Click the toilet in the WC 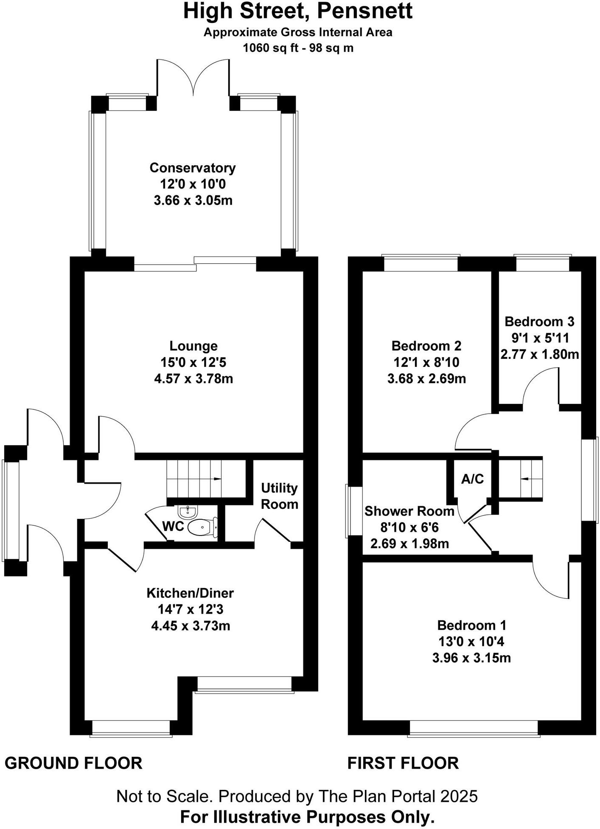coord(202,527)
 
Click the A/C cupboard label coord(472,479)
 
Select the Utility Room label coord(279,496)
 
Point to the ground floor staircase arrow coord(217,479)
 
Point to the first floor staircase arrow coord(524,479)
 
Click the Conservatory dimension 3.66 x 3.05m coord(193,200)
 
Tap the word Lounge coord(193,346)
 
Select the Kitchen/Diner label coord(190,593)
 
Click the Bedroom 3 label coord(539,321)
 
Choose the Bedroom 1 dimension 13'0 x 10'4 coord(471,641)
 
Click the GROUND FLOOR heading coord(73,763)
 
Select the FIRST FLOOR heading coord(403,763)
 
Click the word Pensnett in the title coord(364,11)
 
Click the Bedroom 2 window coord(421,263)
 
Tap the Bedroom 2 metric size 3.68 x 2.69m coord(426,378)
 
